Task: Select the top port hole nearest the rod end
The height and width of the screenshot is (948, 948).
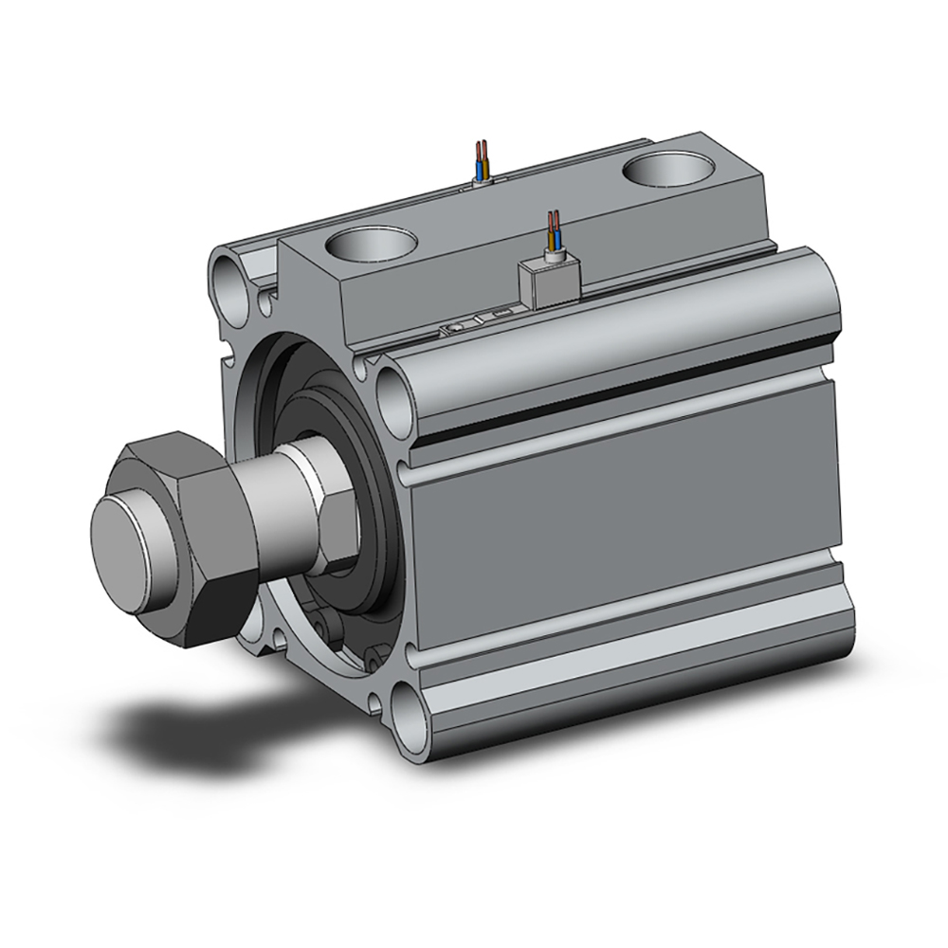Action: pyautogui.click(x=370, y=246)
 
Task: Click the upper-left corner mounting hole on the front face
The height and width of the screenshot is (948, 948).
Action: pyautogui.click(x=230, y=276)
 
